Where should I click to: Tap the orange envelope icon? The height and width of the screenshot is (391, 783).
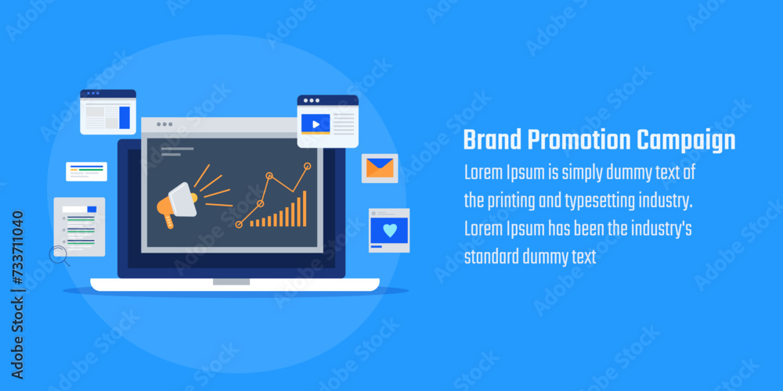pos(380,168)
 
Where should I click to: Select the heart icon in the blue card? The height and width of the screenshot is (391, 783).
pos(389,230)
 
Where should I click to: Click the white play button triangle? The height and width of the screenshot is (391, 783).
pos(316,124)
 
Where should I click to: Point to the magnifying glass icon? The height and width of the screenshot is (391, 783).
pos(59,256)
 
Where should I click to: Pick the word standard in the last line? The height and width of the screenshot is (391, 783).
pos(491,257)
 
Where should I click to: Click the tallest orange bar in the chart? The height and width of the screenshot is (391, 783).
pos(305,209)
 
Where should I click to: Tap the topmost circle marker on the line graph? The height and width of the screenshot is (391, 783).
pos(307,166)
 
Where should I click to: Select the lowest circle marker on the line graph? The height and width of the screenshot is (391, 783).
pos(239,225)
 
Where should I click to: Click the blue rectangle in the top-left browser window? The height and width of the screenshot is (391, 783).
pos(124,118)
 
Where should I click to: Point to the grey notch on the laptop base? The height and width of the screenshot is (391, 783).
pos(231,282)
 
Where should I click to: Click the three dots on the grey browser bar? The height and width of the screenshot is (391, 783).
pos(164,124)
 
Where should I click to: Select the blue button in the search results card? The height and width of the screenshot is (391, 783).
pos(92,210)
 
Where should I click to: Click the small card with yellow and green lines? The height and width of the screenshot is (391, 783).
pos(86,171)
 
